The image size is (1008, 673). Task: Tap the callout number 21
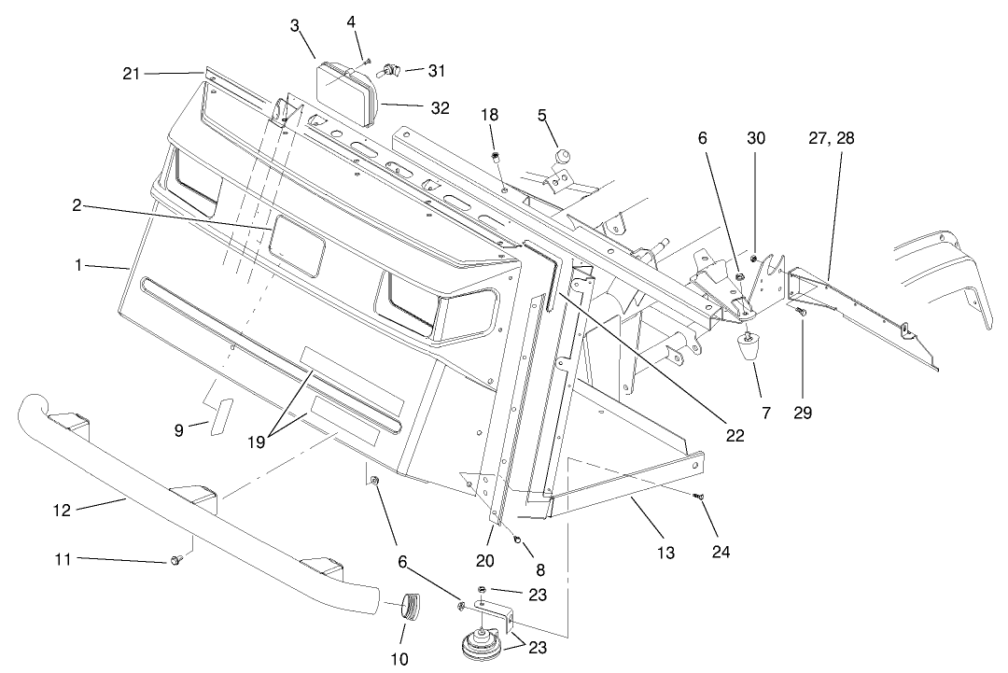[x=131, y=72]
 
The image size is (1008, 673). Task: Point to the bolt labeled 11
[x=175, y=560]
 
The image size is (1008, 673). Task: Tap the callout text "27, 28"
[x=833, y=138]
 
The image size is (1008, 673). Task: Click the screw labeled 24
[x=699, y=498]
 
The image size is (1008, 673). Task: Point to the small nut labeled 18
[x=497, y=156]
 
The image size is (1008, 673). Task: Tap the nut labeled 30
[x=753, y=257]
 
